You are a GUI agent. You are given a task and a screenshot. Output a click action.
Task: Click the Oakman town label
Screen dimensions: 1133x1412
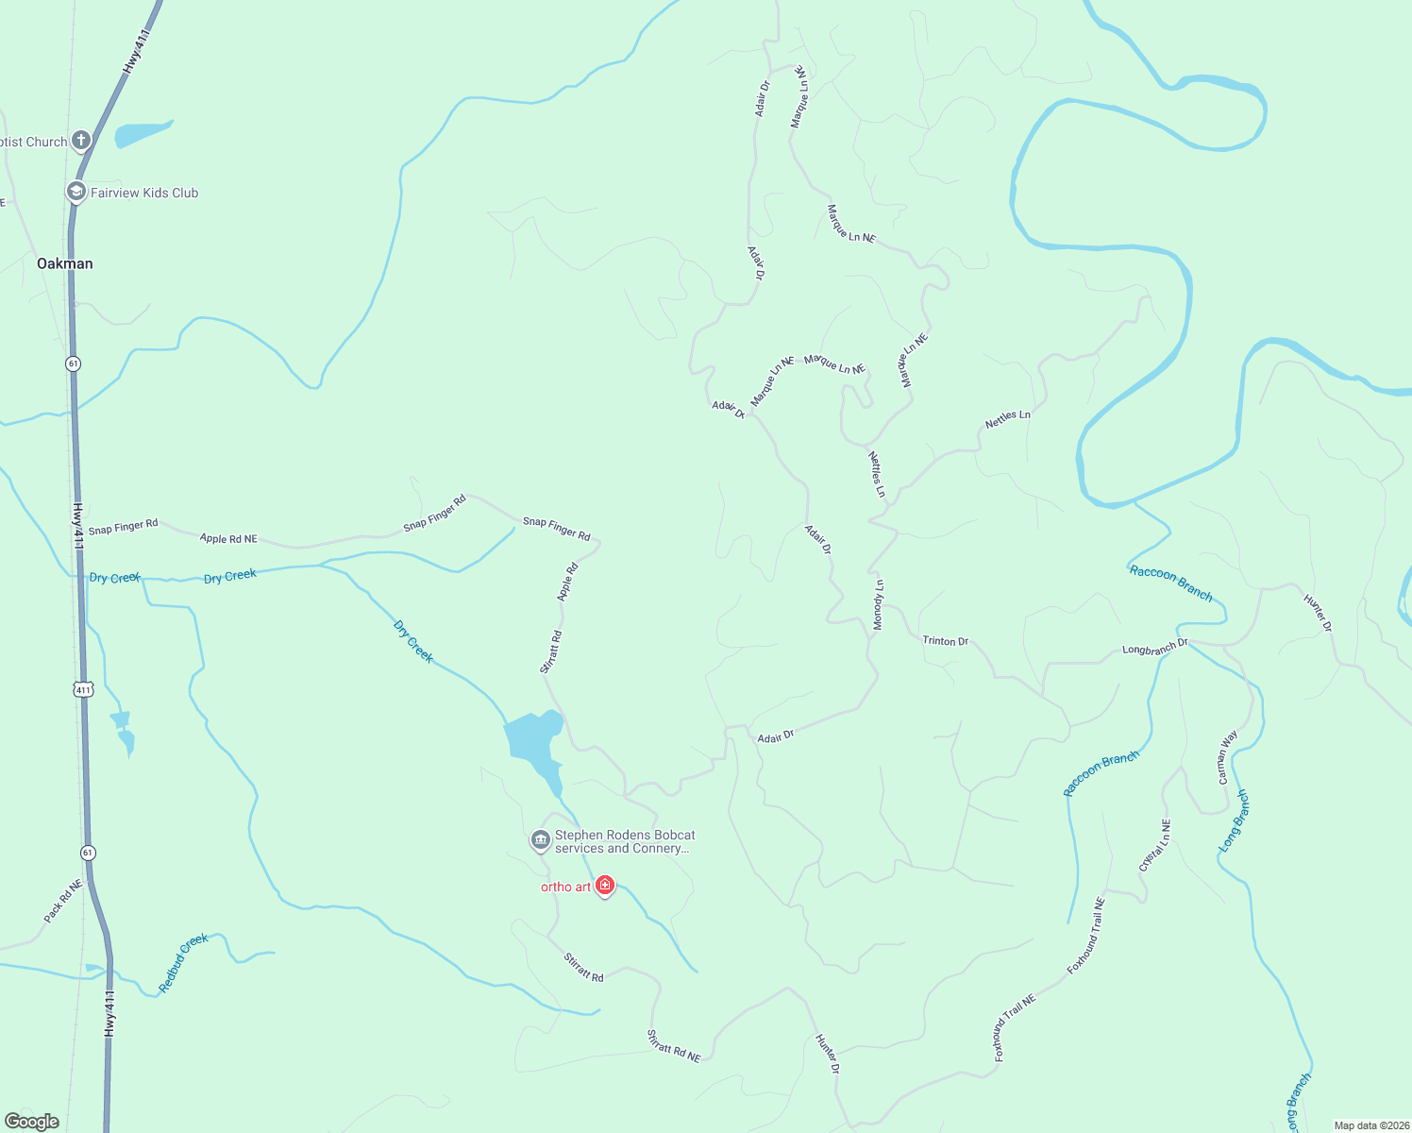[65, 263]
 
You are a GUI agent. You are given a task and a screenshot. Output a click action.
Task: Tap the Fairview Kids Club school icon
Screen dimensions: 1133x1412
[76, 193]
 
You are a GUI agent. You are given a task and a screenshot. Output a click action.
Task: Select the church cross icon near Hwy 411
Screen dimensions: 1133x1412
[81, 142]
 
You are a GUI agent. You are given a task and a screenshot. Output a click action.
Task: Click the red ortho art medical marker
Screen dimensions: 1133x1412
[605, 886]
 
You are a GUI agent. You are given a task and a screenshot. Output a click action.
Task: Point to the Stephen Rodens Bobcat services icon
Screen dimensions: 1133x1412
[540, 839]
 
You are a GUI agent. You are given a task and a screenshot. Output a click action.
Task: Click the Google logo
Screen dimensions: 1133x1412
[32, 1121]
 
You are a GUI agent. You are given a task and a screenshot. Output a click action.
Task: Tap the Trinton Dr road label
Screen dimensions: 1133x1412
[945, 641]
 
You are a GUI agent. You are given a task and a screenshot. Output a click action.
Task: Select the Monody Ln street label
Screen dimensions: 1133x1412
[879, 604]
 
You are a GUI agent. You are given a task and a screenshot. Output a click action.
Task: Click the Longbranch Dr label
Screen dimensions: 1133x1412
[1154, 648]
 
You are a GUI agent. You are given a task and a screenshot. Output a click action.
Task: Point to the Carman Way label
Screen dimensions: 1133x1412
[1227, 757]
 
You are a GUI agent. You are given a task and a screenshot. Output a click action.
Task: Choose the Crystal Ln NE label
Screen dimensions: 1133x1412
[1154, 845]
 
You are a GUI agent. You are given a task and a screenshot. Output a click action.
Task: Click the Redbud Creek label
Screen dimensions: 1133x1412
[183, 963]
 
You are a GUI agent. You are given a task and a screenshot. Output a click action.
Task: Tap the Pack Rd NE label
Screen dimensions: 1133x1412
[63, 901]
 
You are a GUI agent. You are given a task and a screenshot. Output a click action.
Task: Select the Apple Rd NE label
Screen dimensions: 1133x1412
[228, 538]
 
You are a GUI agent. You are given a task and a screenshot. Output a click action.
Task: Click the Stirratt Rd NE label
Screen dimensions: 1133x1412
[674, 1046]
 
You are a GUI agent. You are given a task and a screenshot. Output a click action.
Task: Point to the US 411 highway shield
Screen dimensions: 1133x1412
[84, 689]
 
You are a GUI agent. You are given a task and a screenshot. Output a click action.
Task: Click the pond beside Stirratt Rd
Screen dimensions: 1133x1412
[532, 737]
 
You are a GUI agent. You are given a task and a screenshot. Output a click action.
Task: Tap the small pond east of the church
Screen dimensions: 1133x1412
[142, 133]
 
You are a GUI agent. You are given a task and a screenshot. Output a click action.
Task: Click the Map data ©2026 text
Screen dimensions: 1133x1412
[1370, 1125]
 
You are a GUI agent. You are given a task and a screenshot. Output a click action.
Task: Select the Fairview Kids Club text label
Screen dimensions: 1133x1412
[144, 193]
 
